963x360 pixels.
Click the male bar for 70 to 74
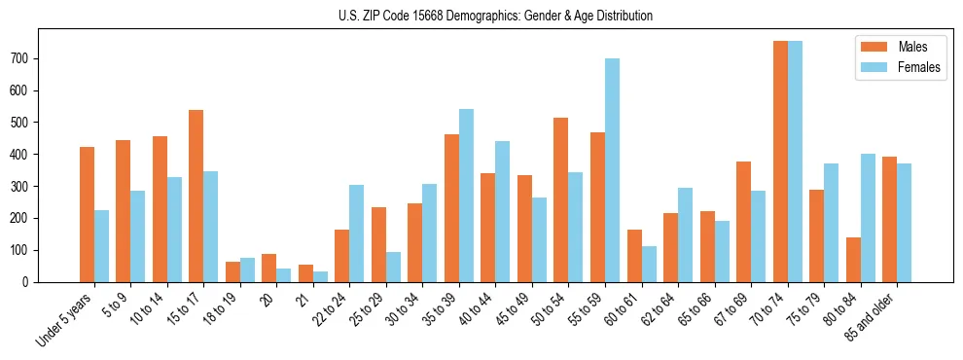(x=780, y=162)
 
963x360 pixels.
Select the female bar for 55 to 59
(x=612, y=170)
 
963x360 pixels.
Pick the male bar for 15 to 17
(x=196, y=196)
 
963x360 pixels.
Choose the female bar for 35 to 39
(x=466, y=196)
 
